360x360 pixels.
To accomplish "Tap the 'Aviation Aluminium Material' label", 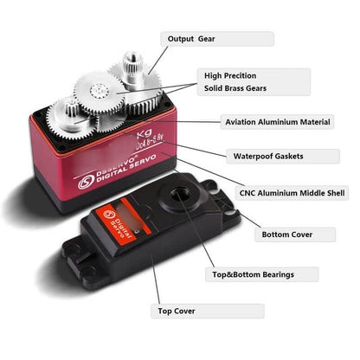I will pyautogui.click(x=277, y=123).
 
